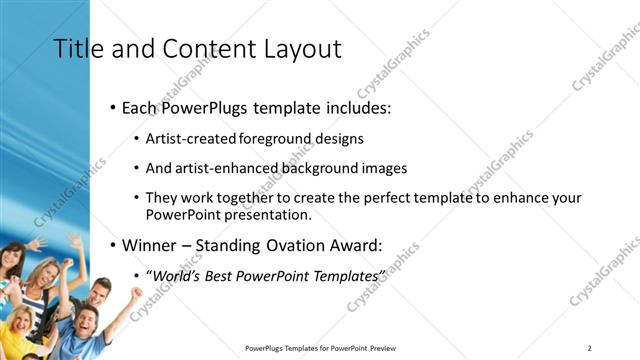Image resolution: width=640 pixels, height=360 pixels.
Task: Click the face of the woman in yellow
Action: click(21, 322)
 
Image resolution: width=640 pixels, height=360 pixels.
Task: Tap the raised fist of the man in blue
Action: click(137, 294)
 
